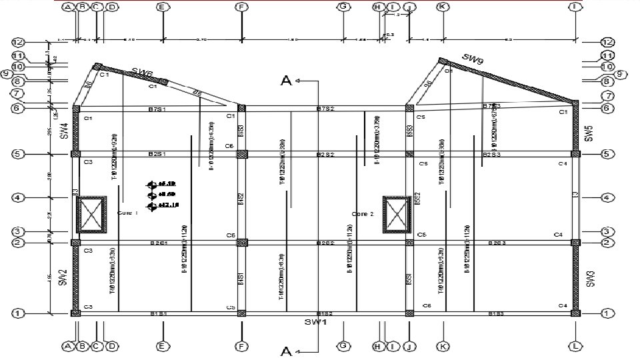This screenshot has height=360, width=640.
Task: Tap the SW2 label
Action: tap(63, 277)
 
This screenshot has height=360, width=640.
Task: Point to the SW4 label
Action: tap(64, 131)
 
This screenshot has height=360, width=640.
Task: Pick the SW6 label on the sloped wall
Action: tap(141, 72)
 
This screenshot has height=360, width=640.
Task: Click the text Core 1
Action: tap(127, 213)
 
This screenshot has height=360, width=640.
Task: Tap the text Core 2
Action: tap(363, 213)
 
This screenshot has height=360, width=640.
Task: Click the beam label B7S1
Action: tap(157, 108)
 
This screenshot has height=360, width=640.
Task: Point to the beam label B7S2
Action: tap(327, 108)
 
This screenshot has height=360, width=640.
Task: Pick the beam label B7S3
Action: tap(491, 106)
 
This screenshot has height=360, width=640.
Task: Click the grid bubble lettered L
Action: tap(575, 346)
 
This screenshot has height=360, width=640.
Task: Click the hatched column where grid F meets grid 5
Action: tap(242, 154)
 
